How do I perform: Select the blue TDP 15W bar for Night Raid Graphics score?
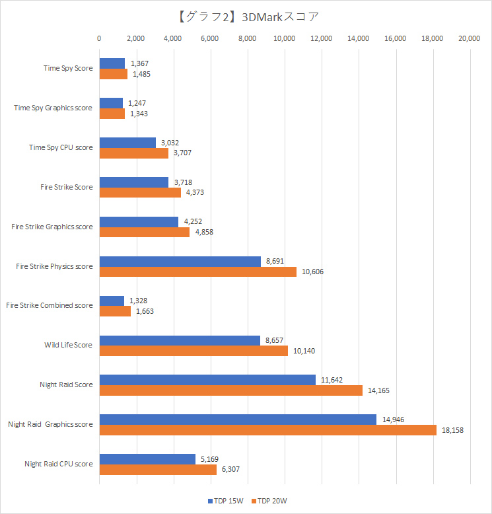point(238,420)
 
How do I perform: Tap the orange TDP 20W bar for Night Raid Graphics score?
point(267,430)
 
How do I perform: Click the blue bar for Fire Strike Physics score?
point(180,262)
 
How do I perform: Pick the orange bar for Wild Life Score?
point(193,351)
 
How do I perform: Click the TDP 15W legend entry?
point(227,500)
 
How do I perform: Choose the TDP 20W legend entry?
point(269,500)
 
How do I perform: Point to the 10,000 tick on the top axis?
point(284,39)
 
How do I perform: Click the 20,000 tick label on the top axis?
point(469,39)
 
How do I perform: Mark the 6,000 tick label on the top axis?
point(210,39)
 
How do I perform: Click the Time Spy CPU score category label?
point(61,147)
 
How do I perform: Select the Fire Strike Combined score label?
point(49,305)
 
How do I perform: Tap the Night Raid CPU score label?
point(58,464)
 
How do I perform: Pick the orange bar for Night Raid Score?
point(230,390)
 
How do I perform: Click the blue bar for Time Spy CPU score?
point(127,143)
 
